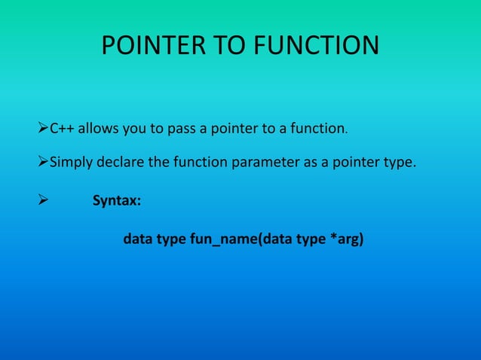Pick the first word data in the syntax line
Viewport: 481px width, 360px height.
pyautogui.click(x=136, y=242)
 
